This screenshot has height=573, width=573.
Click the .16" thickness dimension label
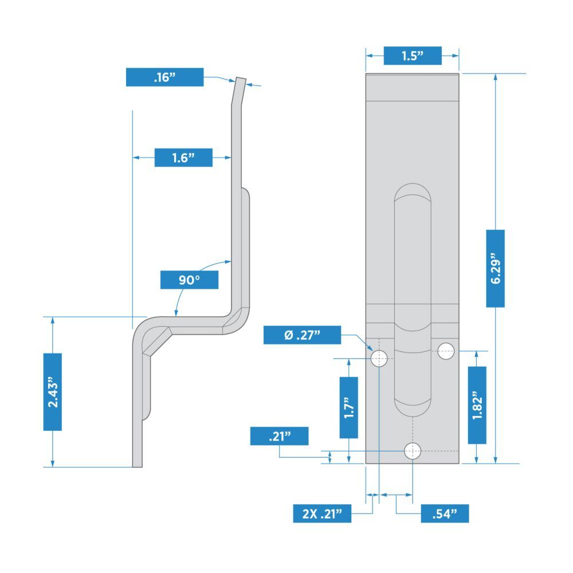pyautogui.click(x=164, y=77)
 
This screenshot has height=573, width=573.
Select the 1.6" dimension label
pyautogui.click(x=183, y=158)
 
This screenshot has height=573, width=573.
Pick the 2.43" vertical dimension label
pyautogui.click(x=53, y=392)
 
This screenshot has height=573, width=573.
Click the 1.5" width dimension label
pyautogui.click(x=413, y=56)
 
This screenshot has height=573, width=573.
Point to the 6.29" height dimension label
pyautogui.click(x=496, y=268)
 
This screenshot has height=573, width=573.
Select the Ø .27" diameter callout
pyautogui.click(x=302, y=335)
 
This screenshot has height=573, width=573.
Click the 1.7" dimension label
pyautogui.click(x=349, y=407)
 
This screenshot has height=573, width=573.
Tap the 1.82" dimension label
pyautogui.click(x=477, y=405)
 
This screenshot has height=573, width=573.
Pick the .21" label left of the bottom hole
pyautogui.click(x=280, y=436)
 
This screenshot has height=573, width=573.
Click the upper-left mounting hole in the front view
pyautogui.click(x=379, y=359)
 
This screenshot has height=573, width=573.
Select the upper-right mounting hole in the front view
pyautogui.click(x=446, y=351)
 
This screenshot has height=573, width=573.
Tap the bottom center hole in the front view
pyautogui.click(x=413, y=451)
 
